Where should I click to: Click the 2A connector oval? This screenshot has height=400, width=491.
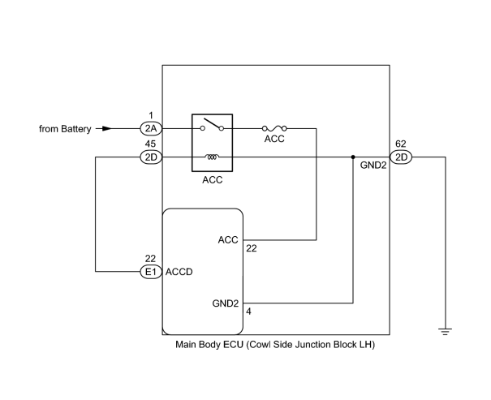coord(151,129)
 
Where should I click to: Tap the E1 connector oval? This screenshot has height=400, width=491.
coord(151,272)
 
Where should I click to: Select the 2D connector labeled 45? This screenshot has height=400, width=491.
coord(151,157)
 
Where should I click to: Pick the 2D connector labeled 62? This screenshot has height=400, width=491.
coord(401,157)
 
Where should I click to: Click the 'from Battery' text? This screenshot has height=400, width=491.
coord(65,129)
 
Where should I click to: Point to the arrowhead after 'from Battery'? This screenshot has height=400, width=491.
coord(107,129)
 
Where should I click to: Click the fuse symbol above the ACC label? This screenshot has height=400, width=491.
coord(274,128)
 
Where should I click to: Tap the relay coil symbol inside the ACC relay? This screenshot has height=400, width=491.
coord(212,157)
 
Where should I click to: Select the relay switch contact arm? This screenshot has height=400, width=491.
coord(213,123)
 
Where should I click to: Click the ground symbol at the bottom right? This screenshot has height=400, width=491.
coord(445,332)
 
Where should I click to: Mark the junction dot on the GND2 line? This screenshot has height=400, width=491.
coord(353,157)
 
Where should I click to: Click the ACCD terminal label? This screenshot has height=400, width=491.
coord(179,272)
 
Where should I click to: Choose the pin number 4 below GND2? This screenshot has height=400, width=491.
coord(248,312)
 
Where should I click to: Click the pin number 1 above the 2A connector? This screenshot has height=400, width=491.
coord(151,115)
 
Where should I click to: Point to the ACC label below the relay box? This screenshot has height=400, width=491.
coord(213,180)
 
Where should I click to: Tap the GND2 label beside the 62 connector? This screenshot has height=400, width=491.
coord(373,166)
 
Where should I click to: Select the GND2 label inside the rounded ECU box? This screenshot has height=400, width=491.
coord(226,303)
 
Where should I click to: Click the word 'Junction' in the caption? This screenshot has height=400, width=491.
coord(313,345)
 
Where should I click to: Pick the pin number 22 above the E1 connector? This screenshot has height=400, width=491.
coord(150,259)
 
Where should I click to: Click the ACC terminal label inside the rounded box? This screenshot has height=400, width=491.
coord(228,240)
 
